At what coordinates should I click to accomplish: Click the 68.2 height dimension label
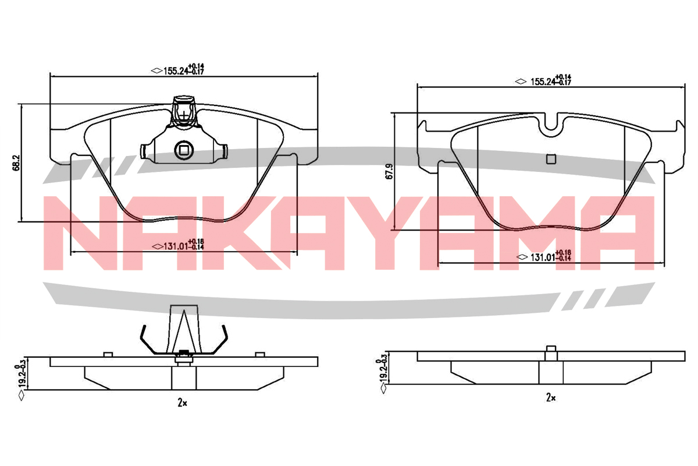[16, 163]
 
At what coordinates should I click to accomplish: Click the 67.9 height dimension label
[389, 171]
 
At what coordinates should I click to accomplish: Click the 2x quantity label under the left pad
[182, 403]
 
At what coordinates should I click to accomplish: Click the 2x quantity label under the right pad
[551, 397]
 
